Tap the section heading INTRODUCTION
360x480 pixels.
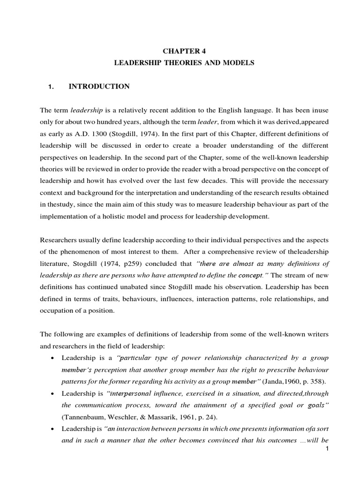click(99, 86)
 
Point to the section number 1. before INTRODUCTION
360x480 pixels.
click(52, 87)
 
